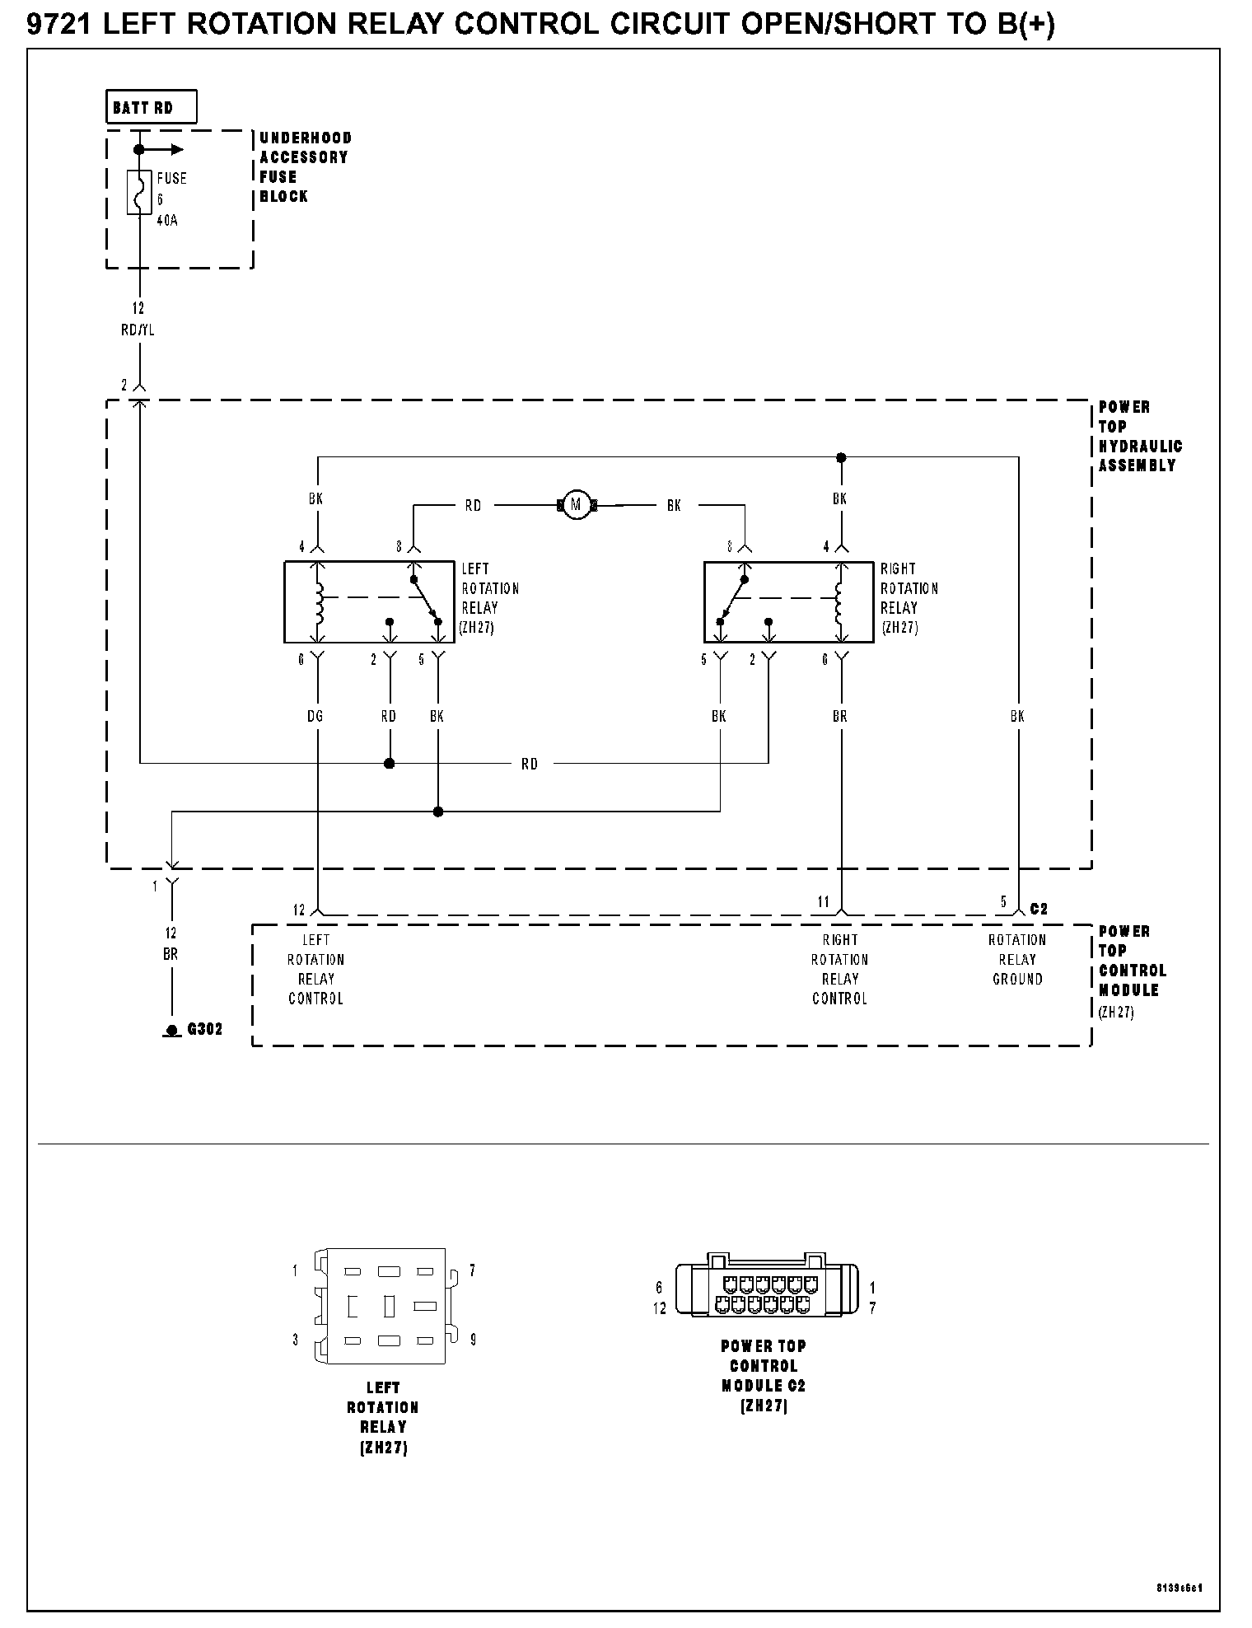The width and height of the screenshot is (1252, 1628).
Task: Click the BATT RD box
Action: (152, 107)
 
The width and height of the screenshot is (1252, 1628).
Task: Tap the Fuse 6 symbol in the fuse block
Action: (139, 192)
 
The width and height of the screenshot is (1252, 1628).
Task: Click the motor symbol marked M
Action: (577, 505)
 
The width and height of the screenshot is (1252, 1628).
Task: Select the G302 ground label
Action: (205, 1029)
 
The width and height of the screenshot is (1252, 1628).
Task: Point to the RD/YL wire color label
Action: (138, 330)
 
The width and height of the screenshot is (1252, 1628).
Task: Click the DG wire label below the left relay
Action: (315, 716)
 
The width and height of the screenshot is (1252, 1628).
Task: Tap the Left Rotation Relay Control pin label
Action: (315, 969)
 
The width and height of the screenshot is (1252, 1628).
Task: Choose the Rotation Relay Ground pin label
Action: (1017, 959)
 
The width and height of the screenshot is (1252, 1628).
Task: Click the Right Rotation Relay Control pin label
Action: (840, 969)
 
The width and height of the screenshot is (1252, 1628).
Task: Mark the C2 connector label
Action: (1039, 909)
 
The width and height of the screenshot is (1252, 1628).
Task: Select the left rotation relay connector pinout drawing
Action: (384, 1306)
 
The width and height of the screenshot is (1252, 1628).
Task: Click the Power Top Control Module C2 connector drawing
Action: (764, 1289)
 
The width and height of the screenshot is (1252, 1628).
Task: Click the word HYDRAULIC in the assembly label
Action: (1141, 446)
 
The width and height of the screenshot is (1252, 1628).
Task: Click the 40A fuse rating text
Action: (167, 221)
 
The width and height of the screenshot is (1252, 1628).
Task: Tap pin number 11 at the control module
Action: (824, 902)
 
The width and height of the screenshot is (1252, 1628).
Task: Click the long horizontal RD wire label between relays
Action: (530, 765)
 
